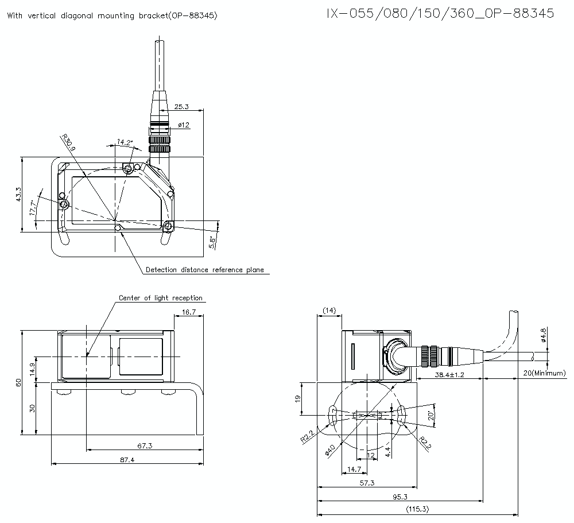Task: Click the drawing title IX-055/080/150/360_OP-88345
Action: click(x=440, y=13)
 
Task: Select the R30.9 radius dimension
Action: click(x=68, y=143)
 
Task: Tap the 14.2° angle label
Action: click(x=125, y=142)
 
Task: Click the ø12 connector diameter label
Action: click(x=184, y=125)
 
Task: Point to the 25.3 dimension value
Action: click(x=181, y=107)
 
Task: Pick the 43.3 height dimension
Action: click(x=19, y=195)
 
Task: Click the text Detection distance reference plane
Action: click(x=205, y=269)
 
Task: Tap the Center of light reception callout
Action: click(x=160, y=298)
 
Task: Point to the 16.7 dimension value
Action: click(x=189, y=312)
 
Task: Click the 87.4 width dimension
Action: click(x=127, y=460)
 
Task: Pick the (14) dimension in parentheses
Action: click(x=329, y=311)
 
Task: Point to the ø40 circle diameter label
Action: click(x=329, y=450)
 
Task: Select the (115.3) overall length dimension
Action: click(x=417, y=509)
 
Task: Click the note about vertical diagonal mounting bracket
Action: click(x=112, y=16)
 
